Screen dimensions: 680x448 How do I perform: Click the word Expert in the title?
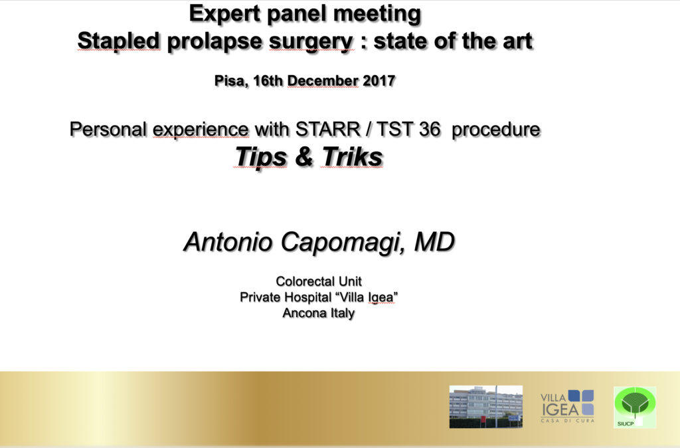(x=224, y=14)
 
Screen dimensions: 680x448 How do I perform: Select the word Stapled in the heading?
(x=119, y=42)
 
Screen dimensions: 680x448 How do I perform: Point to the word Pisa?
(x=231, y=81)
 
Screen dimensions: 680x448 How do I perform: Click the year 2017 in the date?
(x=379, y=80)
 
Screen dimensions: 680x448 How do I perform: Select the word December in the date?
(x=323, y=80)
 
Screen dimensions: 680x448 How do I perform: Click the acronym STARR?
(x=328, y=130)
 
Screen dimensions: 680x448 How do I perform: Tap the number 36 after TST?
(x=430, y=130)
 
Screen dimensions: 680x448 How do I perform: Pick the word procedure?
(x=495, y=130)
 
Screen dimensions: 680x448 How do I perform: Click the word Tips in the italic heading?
(x=261, y=157)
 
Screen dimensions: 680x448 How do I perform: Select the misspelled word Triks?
(x=353, y=157)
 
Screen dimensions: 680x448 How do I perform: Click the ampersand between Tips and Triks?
(x=304, y=157)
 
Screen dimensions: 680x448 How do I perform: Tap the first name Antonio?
(x=228, y=242)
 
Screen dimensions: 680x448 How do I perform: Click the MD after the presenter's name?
(x=434, y=242)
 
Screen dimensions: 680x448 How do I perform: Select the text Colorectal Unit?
(x=319, y=282)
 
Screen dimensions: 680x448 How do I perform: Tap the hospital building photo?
(x=485, y=407)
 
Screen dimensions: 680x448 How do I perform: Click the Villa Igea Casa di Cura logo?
(x=567, y=406)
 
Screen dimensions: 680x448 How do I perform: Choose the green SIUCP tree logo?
(x=635, y=407)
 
